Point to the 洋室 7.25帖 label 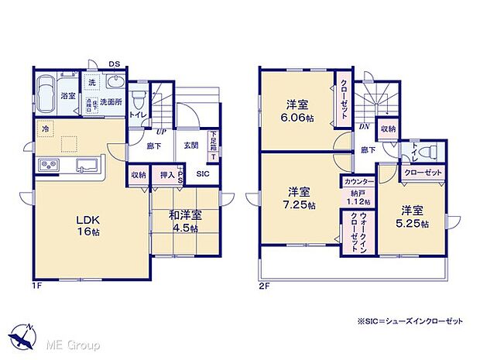click(297, 197)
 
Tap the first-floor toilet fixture click(139, 100)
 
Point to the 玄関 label click(191, 145)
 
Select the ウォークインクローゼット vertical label click(354, 229)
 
